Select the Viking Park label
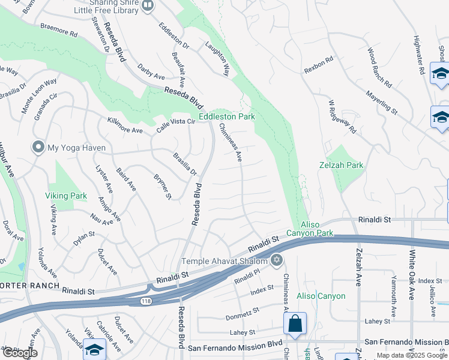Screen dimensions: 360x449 coord(66,196)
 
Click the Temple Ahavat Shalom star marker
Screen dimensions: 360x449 coord(276,260)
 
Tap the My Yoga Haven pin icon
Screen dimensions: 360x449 coord(38,148)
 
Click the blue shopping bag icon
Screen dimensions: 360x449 coord(295,324)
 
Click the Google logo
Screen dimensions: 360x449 coord(19,353)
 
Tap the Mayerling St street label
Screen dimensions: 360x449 coord(382,102)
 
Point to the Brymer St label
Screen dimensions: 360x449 coord(163,187)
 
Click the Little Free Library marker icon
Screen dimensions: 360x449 coord(148,5)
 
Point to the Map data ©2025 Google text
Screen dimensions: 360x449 coord(411,355)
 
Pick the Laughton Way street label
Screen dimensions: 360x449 coord(217,59)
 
